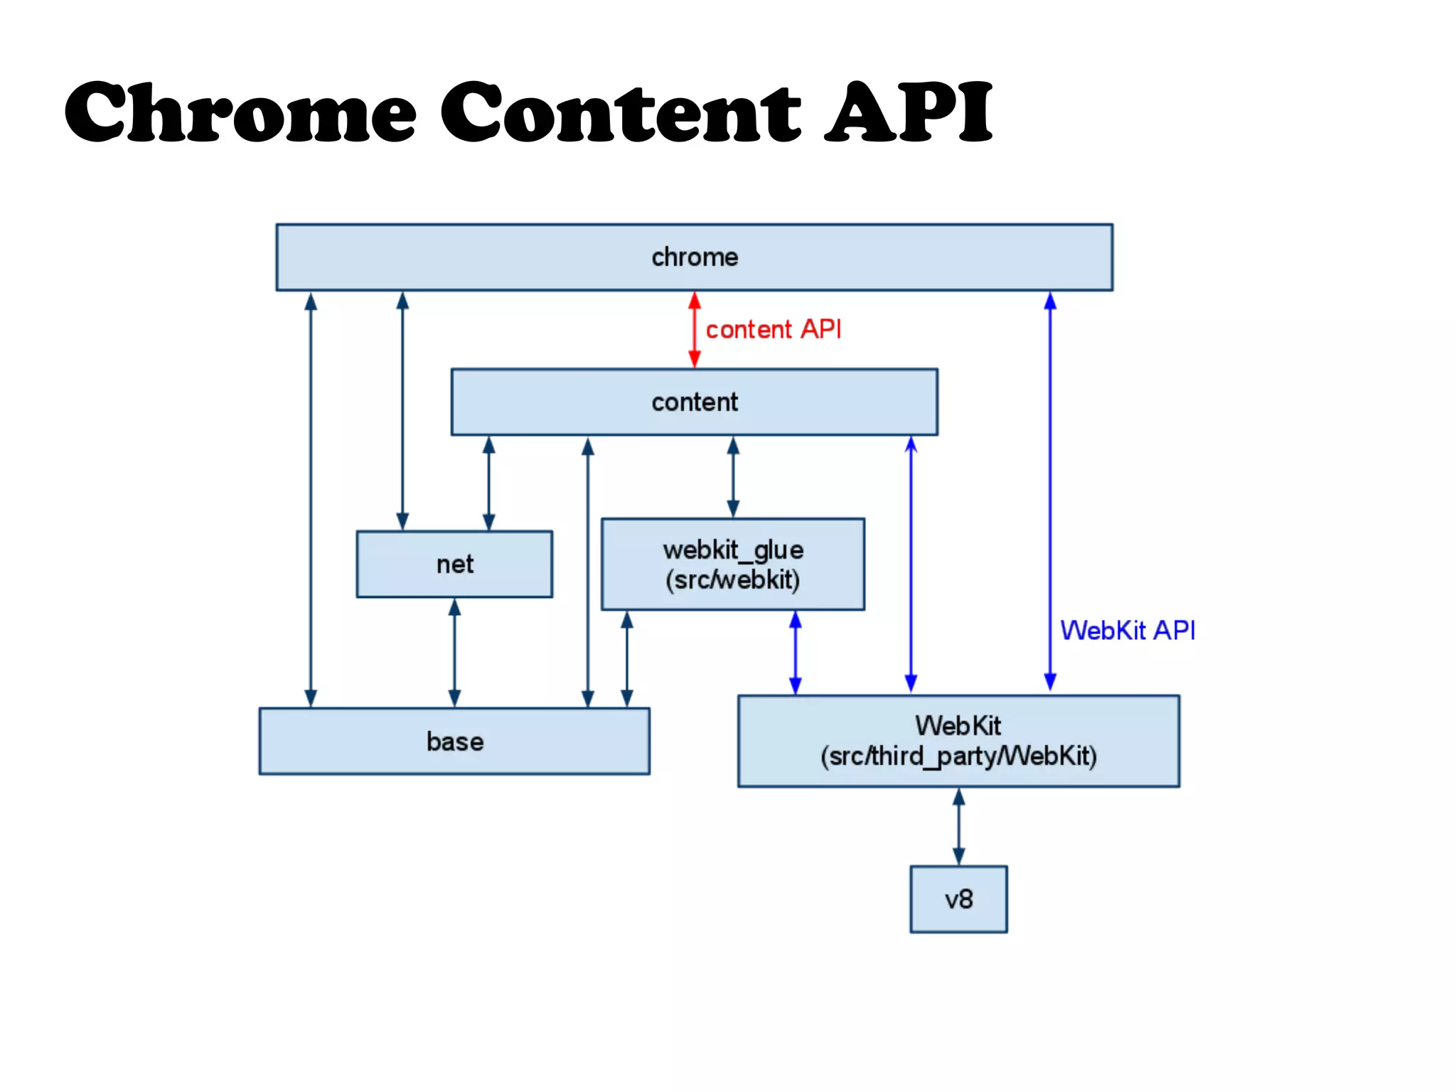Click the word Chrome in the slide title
(240, 112)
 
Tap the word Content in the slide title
(620, 112)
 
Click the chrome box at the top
(694, 257)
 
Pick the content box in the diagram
(694, 402)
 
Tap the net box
(454, 564)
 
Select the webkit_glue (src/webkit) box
(732, 564)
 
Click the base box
(454, 741)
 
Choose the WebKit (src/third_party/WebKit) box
(958, 741)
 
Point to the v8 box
(958, 899)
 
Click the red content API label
(773, 329)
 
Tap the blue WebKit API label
(1128, 631)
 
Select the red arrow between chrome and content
(695, 329)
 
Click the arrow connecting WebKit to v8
(958, 826)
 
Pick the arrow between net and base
(454, 653)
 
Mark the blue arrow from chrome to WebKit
(1050, 491)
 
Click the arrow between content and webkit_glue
(733, 477)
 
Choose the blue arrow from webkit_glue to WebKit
(796, 653)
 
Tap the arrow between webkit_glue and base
(626, 659)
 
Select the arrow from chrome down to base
(311, 498)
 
